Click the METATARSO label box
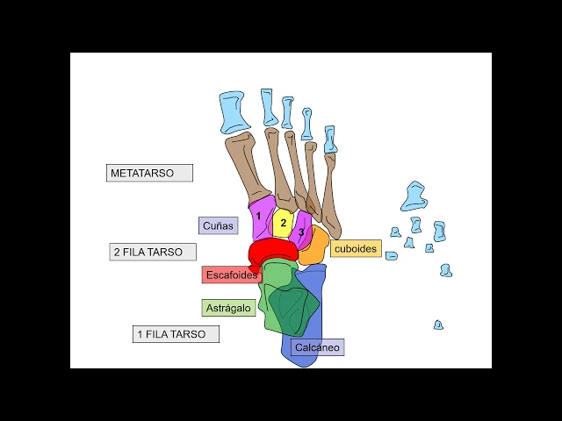(x=148, y=173)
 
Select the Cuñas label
(x=218, y=225)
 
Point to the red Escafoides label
(x=232, y=275)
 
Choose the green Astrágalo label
(x=229, y=308)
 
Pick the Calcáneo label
(x=317, y=347)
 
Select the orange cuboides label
(x=356, y=248)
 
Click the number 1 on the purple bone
(x=259, y=215)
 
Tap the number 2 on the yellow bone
(x=284, y=223)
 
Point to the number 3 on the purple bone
(x=301, y=232)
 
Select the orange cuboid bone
(x=314, y=248)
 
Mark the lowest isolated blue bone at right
(x=438, y=325)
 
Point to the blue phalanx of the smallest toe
(x=329, y=139)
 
